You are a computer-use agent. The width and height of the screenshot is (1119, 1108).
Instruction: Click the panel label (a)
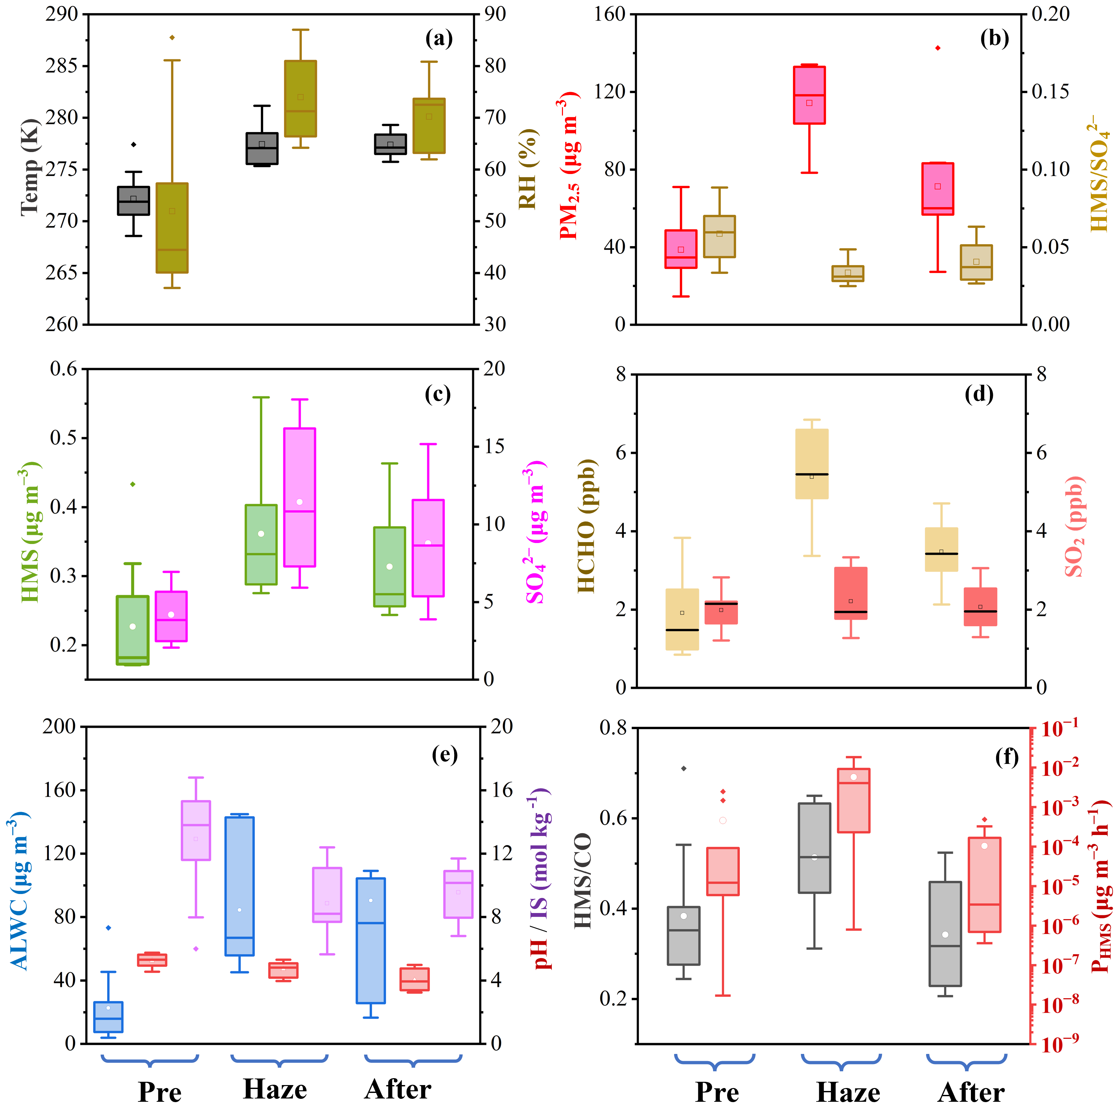tap(438, 39)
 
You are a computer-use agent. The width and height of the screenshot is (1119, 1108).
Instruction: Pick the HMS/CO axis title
tap(583, 880)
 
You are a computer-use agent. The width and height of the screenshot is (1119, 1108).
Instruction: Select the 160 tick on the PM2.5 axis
tap(610, 14)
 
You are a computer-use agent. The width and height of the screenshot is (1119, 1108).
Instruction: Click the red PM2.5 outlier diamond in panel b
tap(938, 48)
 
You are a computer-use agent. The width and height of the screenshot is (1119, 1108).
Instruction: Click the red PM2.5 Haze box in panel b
tap(809, 95)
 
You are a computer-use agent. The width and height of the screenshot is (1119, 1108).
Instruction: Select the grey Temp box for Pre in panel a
tap(133, 201)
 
